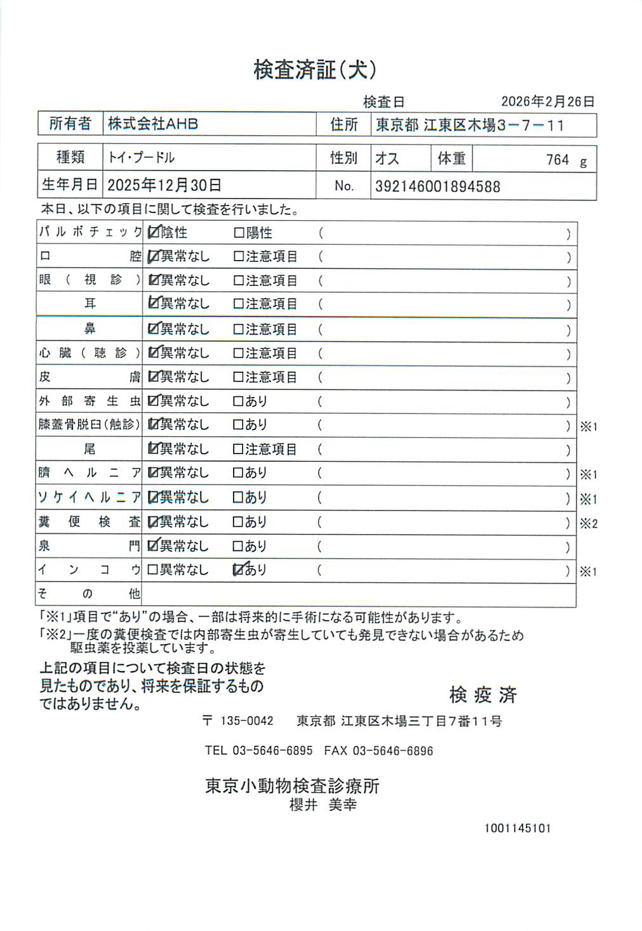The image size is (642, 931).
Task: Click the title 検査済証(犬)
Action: pos(315,69)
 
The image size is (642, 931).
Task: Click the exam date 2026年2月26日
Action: pos(547,101)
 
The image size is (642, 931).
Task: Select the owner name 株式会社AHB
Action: pos(153,124)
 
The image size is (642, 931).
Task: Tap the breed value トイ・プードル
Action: pos(141,157)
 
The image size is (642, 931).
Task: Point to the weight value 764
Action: pos(557,160)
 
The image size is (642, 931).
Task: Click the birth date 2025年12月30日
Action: pos(164,185)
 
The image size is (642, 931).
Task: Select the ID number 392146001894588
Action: pos(438,186)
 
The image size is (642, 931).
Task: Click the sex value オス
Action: pos(387,158)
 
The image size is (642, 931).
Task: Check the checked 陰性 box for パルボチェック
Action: pos(153,233)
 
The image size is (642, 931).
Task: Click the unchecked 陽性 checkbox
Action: pos(239,233)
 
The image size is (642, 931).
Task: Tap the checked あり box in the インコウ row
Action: pos(239,570)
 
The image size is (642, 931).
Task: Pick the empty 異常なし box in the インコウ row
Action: pos(152,570)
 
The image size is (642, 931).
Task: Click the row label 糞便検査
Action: pos(89,522)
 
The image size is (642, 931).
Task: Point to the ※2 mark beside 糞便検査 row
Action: pos(588,524)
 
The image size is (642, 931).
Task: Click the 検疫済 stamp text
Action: pos(483,695)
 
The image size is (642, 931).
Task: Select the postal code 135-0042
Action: pos(246,721)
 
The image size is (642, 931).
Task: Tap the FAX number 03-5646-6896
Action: pos(392,751)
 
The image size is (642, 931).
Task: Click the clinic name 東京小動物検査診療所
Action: pos(292,786)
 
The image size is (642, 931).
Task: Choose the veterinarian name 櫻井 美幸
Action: pos(323,805)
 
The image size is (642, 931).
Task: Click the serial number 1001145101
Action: pos(518,828)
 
